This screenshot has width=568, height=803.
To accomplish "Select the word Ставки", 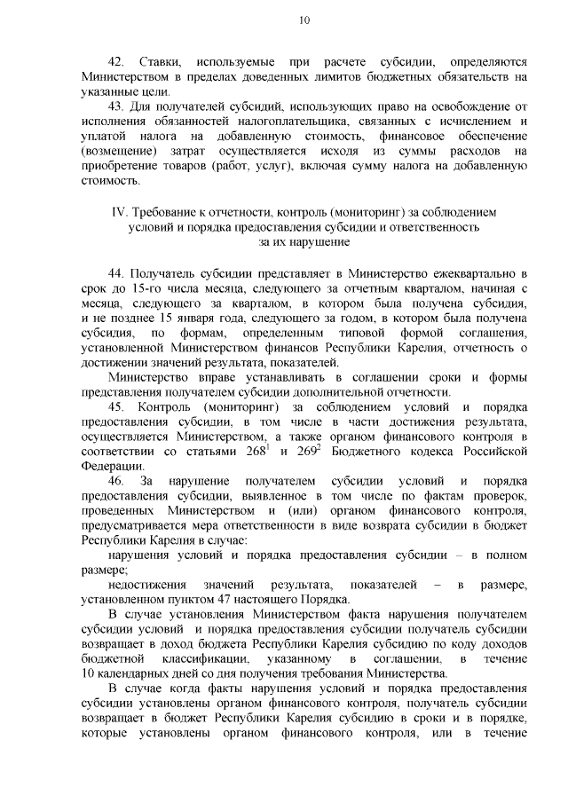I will [160, 62].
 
